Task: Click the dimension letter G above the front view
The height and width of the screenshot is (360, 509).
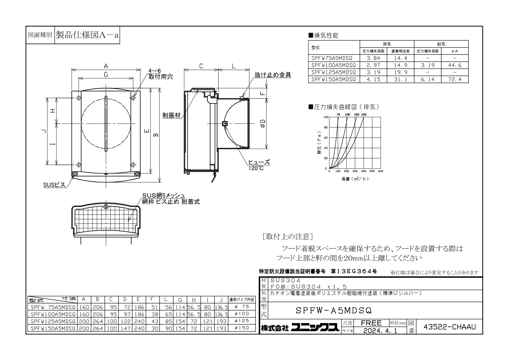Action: [106, 74]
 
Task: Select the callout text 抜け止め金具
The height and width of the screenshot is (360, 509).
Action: [273, 75]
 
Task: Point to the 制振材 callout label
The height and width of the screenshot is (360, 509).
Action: [172, 115]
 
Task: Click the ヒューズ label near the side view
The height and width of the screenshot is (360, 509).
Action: [259, 162]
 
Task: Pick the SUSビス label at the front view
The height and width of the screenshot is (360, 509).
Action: [54, 185]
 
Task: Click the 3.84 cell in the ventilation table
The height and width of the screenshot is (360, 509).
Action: [373, 58]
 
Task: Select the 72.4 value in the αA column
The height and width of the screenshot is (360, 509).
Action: [455, 79]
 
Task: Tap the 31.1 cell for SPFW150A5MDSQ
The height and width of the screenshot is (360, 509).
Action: [400, 79]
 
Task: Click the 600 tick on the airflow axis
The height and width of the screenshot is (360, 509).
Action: [381, 171]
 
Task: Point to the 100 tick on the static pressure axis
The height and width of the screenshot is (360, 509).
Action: [326, 117]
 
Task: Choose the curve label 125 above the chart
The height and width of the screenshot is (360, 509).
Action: [357, 114]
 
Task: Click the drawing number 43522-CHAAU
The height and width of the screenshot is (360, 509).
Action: [449, 327]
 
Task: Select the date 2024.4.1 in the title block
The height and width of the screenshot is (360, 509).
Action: [380, 330]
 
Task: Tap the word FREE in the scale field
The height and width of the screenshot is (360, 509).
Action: [371, 323]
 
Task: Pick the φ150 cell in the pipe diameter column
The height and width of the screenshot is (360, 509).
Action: [242, 328]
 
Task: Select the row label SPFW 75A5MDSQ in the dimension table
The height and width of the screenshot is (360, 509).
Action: [53, 307]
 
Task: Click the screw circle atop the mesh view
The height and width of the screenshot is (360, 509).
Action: [106, 206]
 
